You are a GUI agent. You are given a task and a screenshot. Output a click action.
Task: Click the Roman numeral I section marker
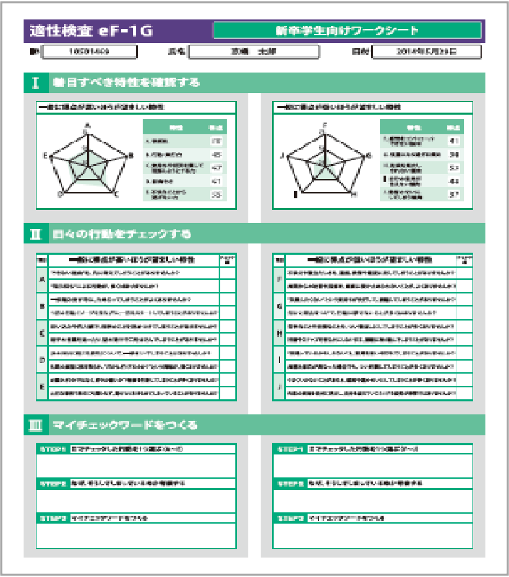tap(35, 83)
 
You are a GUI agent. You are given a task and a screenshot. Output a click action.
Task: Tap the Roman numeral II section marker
tap(35, 235)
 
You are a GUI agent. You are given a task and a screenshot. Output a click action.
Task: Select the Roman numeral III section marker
tap(35, 425)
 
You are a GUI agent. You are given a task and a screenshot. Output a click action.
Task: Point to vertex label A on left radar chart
tap(86, 125)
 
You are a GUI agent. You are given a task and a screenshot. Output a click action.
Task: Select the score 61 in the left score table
tap(216, 181)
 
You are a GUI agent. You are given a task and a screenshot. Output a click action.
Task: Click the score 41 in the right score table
tap(454, 141)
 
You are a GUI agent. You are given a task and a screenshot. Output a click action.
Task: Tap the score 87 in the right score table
tap(454, 193)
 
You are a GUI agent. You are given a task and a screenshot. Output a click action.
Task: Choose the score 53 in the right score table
tap(454, 167)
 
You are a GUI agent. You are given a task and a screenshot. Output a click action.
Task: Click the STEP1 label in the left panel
tap(53, 450)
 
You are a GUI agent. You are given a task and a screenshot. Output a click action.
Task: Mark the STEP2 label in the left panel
tap(53, 484)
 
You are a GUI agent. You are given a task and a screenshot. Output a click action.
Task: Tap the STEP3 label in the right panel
tap(290, 517)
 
